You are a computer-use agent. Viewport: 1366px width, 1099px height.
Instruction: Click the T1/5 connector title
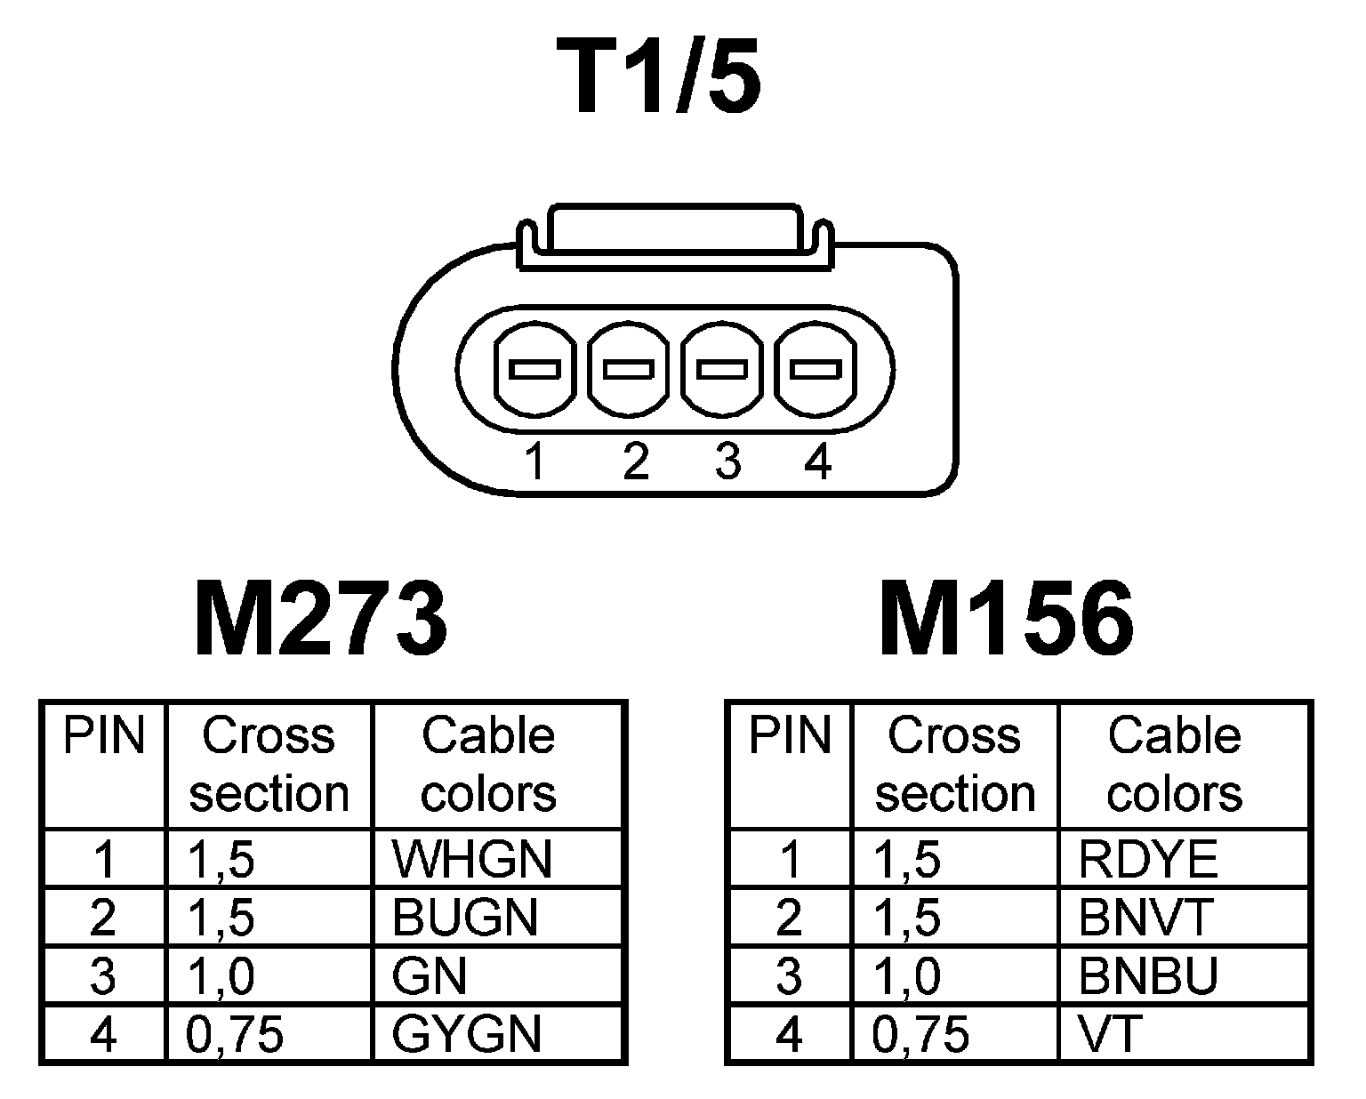(659, 78)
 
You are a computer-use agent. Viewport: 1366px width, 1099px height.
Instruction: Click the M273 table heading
(321, 620)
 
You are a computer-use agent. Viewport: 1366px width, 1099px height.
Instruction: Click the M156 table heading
(1007, 620)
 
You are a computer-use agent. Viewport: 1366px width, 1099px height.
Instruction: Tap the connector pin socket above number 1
(533, 369)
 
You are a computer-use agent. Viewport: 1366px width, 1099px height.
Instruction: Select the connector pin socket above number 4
(816, 369)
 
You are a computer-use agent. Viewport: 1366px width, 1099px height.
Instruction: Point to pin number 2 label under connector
(635, 462)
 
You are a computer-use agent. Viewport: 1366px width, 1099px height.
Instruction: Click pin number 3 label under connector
(727, 462)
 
